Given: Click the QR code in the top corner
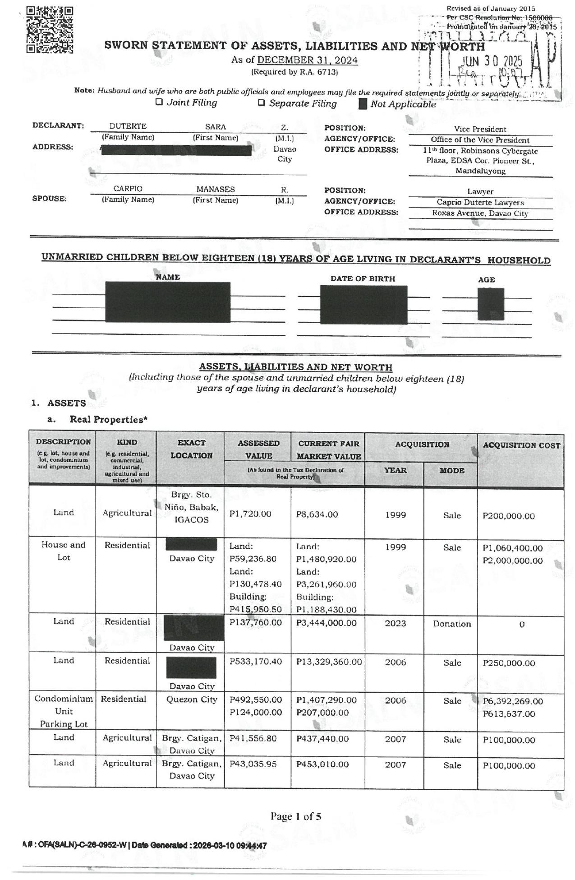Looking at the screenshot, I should coord(50,30).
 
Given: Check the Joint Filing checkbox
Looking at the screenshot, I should coord(159,102).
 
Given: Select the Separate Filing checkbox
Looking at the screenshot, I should coord(261,103).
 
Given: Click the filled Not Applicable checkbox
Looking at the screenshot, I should coord(363,104).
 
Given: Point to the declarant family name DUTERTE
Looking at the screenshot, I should coord(128,126).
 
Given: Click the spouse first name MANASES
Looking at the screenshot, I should coord(215,189).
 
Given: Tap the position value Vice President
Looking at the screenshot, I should coord(480,129).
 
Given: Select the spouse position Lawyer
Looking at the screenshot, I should coord(480,191).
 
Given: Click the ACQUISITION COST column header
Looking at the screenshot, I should coord(521,445).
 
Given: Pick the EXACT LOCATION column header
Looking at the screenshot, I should coord(191,449).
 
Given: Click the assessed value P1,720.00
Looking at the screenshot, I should coord(250,514).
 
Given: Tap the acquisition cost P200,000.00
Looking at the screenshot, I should coord(508,516).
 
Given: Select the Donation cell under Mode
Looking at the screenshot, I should coord(451,624).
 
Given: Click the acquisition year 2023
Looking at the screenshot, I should coord(395,624).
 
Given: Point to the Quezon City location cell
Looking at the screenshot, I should coord(191,699).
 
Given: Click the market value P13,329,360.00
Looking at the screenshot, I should coord(329,662).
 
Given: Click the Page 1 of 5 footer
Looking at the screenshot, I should coord(296,816).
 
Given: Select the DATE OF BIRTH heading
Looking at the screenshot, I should coord(363,278).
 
